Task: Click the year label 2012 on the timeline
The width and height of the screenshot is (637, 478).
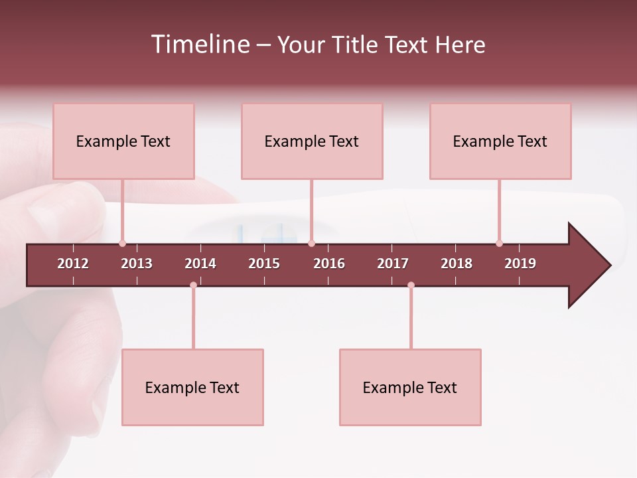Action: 73,264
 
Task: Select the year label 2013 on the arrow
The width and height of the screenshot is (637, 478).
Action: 137,264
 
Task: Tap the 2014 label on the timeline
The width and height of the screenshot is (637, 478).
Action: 200,264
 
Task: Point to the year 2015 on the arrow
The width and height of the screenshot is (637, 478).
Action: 264,264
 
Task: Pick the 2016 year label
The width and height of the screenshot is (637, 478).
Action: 329,264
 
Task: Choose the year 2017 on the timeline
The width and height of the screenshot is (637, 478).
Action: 393,264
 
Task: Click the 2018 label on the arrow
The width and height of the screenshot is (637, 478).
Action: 457,264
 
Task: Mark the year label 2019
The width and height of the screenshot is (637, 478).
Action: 520,264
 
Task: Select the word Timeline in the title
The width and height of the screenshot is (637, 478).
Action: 200,44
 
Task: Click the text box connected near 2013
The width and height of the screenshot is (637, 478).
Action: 123,141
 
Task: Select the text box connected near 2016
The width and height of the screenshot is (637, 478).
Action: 312,141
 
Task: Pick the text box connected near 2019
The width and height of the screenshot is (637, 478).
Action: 500,141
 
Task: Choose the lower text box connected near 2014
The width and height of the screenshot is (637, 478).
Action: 192,388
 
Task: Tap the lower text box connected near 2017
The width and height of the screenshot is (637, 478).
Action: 410,388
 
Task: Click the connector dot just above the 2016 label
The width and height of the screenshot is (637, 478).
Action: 311,244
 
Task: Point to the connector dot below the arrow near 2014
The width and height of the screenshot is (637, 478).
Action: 193,285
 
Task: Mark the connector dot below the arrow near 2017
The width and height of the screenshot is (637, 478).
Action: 411,285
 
